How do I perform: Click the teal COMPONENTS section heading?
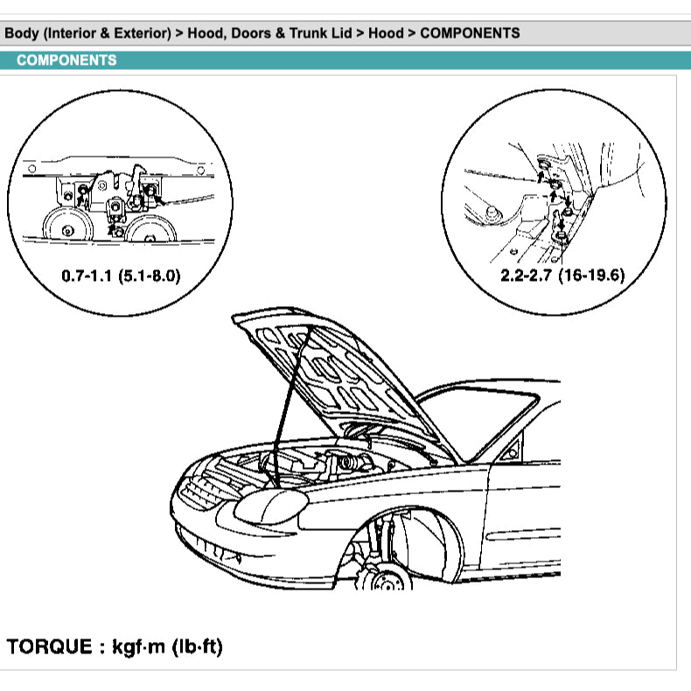(x=66, y=60)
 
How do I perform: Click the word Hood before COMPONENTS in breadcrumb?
(x=386, y=33)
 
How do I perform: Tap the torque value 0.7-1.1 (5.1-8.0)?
(x=121, y=275)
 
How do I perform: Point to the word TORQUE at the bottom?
(x=49, y=647)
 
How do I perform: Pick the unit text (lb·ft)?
(x=199, y=647)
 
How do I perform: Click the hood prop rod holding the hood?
(x=288, y=411)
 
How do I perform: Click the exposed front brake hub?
(x=385, y=577)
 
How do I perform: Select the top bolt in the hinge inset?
(x=542, y=165)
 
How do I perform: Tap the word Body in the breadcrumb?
(x=23, y=33)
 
